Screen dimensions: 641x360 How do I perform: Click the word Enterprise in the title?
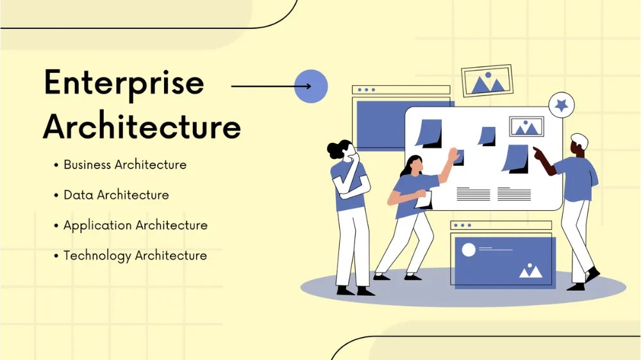pyautogui.click(x=124, y=83)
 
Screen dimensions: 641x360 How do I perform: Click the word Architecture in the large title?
pyautogui.click(x=142, y=126)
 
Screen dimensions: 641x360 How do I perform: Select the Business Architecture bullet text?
pyautogui.click(x=125, y=165)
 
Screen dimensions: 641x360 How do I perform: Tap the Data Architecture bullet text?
pyautogui.click(x=116, y=195)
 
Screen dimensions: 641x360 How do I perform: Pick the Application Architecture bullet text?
pyautogui.click(x=135, y=225)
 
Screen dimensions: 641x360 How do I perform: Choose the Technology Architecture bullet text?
pyautogui.click(x=135, y=256)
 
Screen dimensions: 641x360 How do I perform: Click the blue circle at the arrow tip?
pyautogui.click(x=311, y=86)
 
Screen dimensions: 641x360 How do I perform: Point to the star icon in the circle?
pyautogui.click(x=562, y=104)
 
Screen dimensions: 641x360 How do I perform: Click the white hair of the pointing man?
pyautogui.click(x=579, y=140)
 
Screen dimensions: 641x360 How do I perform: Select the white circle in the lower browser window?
pyautogui.click(x=469, y=250)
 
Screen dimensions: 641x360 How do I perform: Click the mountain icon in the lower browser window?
pyautogui.click(x=530, y=271)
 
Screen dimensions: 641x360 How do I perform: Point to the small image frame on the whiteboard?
pyautogui.click(x=526, y=127)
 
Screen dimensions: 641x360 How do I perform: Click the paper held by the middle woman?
pyautogui.click(x=424, y=200)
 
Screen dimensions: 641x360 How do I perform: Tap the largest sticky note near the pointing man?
pyautogui.click(x=515, y=158)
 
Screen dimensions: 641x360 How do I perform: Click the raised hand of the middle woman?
pyautogui.click(x=454, y=154)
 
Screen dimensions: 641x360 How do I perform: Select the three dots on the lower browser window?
pyautogui.click(x=461, y=225)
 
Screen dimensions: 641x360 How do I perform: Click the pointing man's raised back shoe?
pyautogui.click(x=593, y=274)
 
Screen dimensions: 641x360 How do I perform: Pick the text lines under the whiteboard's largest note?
pyautogui.click(x=514, y=193)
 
